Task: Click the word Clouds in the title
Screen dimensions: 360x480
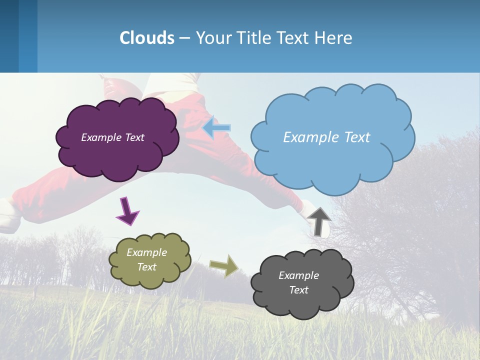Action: pos(147,38)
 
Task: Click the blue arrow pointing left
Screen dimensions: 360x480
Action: pos(217,128)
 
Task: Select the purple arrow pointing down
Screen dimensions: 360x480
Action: pos(127,211)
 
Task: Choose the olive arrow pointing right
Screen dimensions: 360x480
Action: pos(224,265)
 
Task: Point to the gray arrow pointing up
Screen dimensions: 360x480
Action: pos(319,221)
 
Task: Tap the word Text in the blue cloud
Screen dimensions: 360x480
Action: pos(357,137)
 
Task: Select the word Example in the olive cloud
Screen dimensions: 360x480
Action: pos(147,252)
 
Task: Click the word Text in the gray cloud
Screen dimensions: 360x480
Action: pos(299,290)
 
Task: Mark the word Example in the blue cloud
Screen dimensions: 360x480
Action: pos(311,137)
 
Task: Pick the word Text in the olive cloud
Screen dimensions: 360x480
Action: pos(147,267)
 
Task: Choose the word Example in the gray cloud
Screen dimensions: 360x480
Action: pos(299,275)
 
